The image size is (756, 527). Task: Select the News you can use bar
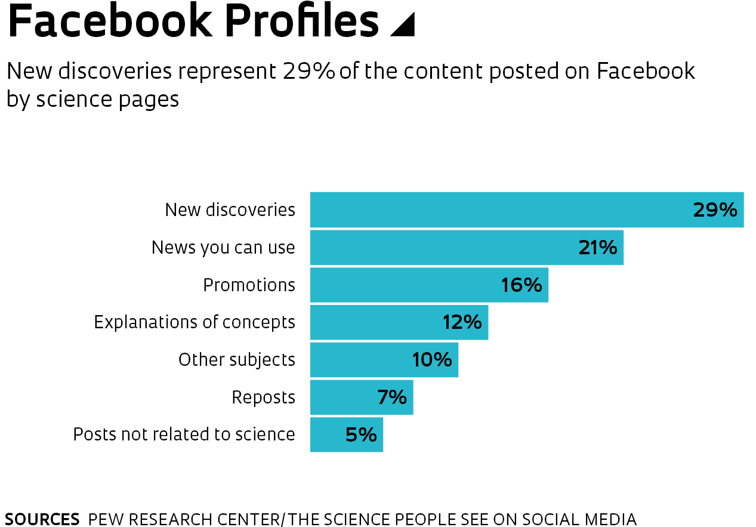click(442, 248)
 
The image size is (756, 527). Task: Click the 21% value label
click(598, 248)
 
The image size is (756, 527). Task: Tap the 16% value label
click(522, 285)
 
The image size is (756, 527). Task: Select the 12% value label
click(462, 322)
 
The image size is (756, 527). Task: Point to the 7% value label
click(392, 397)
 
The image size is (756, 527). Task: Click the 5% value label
click(361, 434)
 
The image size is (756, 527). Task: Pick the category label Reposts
click(263, 397)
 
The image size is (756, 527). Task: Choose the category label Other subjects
click(237, 360)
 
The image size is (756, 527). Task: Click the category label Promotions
click(249, 285)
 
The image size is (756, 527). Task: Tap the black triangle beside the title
click(405, 25)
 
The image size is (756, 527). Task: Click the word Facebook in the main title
click(110, 21)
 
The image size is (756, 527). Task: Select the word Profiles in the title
click(303, 21)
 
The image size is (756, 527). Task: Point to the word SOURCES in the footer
click(42, 519)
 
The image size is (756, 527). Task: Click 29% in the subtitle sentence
click(308, 72)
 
